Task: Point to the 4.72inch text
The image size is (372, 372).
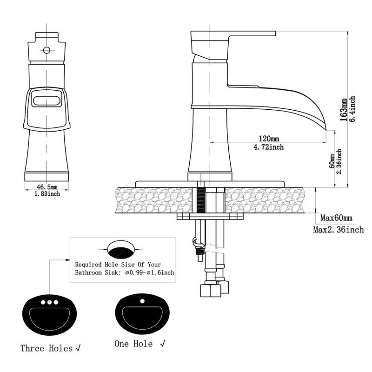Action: coord(268,147)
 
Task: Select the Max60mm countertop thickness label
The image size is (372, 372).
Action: coord(336,218)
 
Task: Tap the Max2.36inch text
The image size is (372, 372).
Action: coord(338,229)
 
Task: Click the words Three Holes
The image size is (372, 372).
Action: coord(46,348)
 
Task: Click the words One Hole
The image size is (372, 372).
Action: coord(133,344)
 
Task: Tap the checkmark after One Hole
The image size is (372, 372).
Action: coord(163,344)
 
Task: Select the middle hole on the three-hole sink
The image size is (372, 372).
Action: coord(49,302)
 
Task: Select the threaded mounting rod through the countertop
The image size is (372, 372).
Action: coord(201,200)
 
